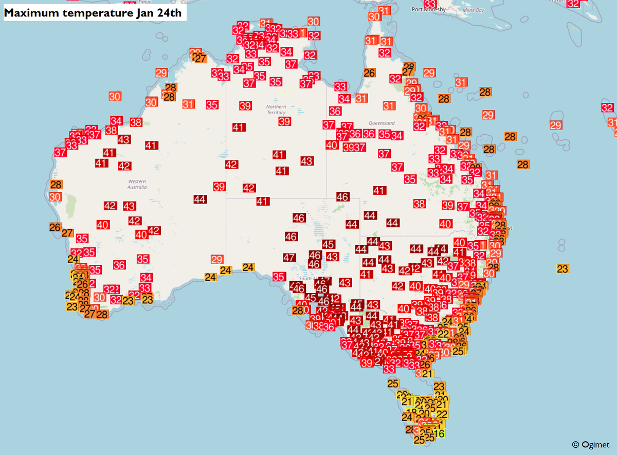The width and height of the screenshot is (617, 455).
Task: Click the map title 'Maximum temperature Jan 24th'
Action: (93, 13)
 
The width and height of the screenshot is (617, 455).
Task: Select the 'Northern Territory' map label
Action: (276, 110)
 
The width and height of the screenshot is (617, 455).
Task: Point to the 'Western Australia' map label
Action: (137, 184)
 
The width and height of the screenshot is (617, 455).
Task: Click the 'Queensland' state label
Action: (382, 123)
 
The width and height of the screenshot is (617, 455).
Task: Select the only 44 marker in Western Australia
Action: (200, 199)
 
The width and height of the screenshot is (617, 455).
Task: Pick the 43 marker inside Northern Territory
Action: (306, 161)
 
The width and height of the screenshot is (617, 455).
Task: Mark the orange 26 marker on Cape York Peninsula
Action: (369, 73)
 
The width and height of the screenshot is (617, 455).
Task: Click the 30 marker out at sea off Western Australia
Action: (115, 96)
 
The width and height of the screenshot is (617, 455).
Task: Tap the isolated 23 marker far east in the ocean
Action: (562, 268)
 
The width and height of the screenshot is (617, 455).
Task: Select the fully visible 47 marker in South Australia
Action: (289, 257)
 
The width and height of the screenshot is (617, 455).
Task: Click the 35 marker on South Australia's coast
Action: (279, 277)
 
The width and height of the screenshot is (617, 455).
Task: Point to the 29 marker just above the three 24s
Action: (217, 259)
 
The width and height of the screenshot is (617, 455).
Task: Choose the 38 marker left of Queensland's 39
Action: (420, 204)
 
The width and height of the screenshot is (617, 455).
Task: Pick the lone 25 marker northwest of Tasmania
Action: (393, 383)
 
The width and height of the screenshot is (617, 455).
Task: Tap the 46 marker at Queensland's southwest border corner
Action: (342, 196)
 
